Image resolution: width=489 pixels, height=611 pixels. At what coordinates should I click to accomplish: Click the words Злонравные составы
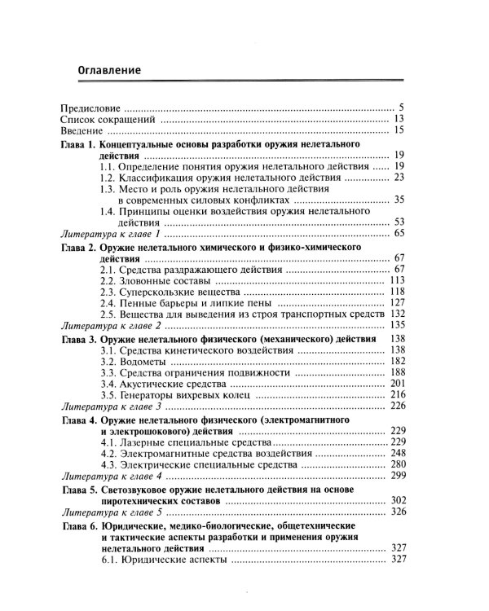(169, 280)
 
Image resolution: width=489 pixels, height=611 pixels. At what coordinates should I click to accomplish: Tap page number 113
(397, 280)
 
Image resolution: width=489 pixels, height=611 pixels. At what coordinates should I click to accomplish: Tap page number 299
(397, 475)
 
